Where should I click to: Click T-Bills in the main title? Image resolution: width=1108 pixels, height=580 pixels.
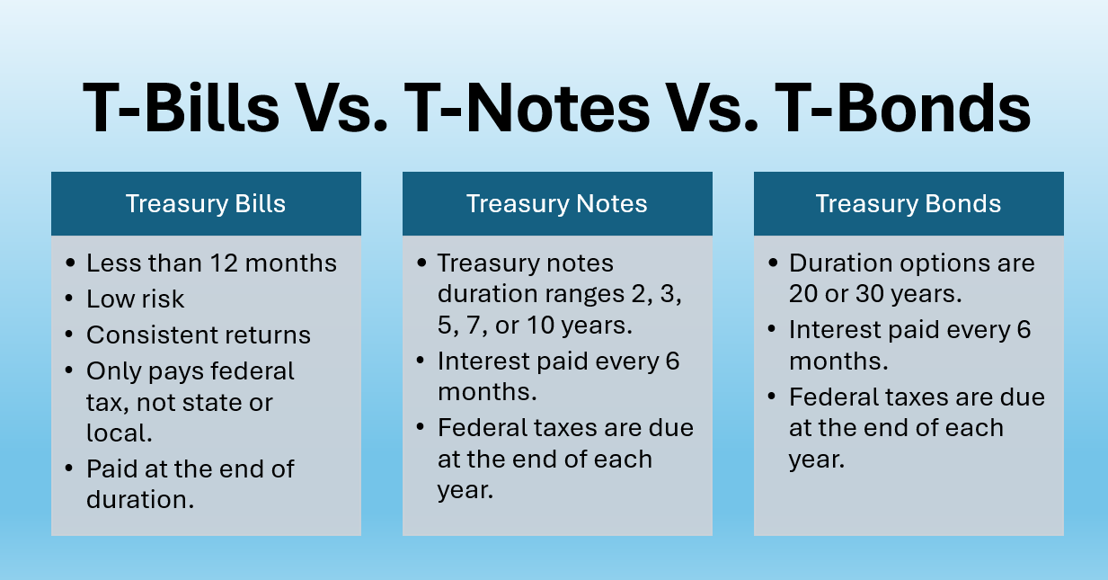pos(180,108)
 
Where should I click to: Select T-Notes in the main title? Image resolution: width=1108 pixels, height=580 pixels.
pos(527,108)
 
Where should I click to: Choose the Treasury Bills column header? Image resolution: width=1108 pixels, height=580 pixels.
pos(206,204)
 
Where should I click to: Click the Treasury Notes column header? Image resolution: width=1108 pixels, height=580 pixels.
pos(557,204)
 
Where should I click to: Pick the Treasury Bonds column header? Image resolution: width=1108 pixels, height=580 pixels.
pos(909,204)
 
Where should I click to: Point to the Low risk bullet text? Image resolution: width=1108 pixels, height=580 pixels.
pos(135,299)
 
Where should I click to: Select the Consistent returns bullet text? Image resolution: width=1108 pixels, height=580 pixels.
pos(199,335)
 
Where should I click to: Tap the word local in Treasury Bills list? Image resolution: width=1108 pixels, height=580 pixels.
pos(117,433)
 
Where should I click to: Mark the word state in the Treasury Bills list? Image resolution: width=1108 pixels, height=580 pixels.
pos(214,403)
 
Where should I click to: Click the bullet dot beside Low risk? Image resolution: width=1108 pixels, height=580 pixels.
pos(70,300)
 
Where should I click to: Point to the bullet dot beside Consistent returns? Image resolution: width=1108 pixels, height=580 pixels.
pos(70,336)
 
